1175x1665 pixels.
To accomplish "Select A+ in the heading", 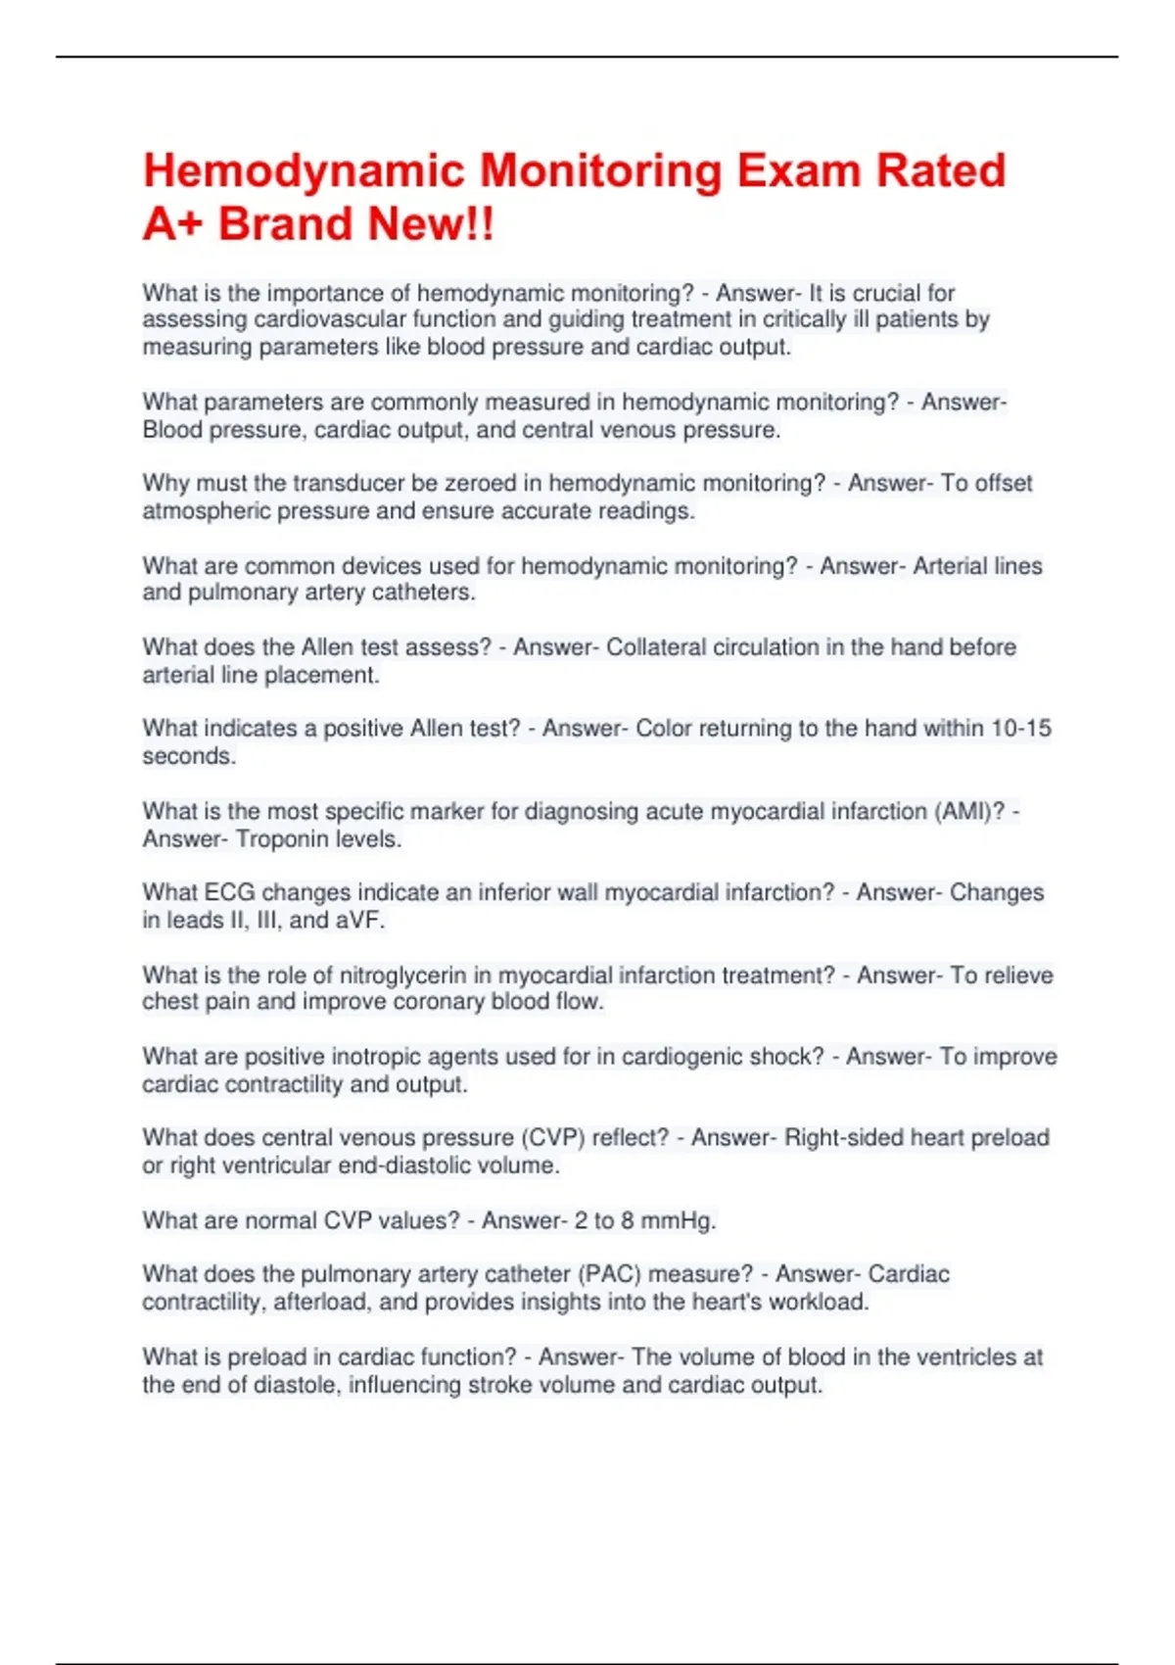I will pyautogui.click(x=173, y=224).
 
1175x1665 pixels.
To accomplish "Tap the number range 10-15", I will pyautogui.click(x=1021, y=729).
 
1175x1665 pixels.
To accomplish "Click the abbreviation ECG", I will pyautogui.click(x=229, y=893).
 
